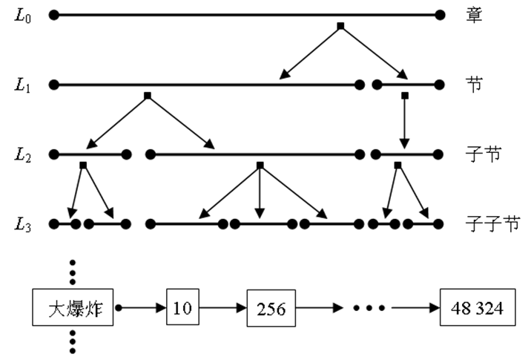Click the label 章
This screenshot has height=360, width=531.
click(x=475, y=14)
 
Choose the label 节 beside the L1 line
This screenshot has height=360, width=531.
click(x=475, y=84)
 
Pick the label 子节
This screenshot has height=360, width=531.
click(x=483, y=154)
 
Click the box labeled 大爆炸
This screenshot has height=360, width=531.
click(x=73, y=307)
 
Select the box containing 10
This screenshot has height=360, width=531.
click(x=181, y=307)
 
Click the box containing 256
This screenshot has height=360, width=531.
click(x=271, y=308)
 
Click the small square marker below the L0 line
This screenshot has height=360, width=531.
click(x=340, y=27)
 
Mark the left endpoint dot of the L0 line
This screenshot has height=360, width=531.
click(x=53, y=14)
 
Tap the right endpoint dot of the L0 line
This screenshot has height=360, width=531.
click(x=441, y=14)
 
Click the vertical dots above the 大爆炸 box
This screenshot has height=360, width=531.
click(x=73, y=272)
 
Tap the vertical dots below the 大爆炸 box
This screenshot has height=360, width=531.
click(x=73, y=341)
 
